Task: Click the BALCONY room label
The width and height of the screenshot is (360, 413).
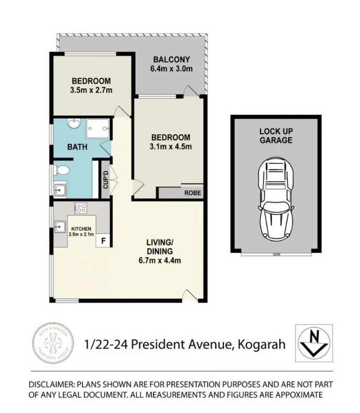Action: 170,59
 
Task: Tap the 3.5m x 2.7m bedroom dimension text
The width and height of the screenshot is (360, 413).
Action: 91,90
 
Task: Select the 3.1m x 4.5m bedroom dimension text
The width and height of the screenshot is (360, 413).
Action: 170,147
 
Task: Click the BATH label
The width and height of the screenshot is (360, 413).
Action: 77,147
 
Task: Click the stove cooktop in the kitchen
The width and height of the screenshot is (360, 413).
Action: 81,208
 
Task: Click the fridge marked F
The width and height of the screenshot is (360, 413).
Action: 103,240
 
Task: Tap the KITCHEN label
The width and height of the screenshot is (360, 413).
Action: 81,229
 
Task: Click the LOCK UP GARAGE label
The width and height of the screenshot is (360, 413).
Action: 276,136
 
